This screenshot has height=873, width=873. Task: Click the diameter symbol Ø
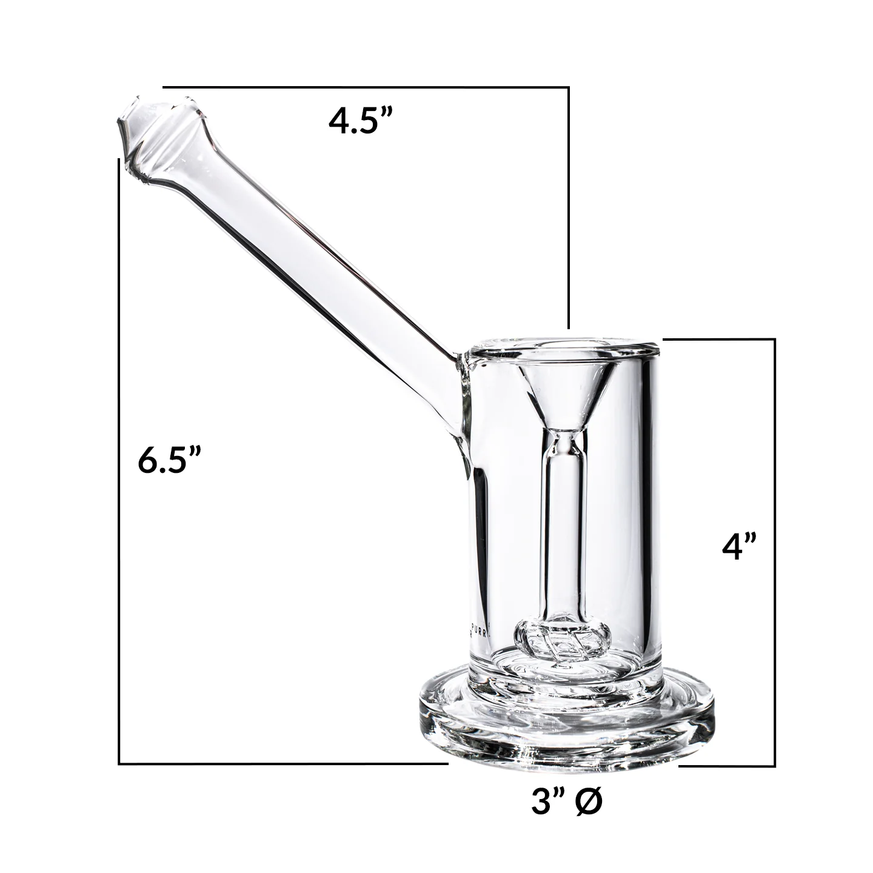tap(586, 801)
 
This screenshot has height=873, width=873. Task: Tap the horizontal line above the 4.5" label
tap(364, 87)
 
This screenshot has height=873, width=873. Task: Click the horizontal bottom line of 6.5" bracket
tap(279, 763)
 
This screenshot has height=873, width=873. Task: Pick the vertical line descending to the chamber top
tap(569, 206)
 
